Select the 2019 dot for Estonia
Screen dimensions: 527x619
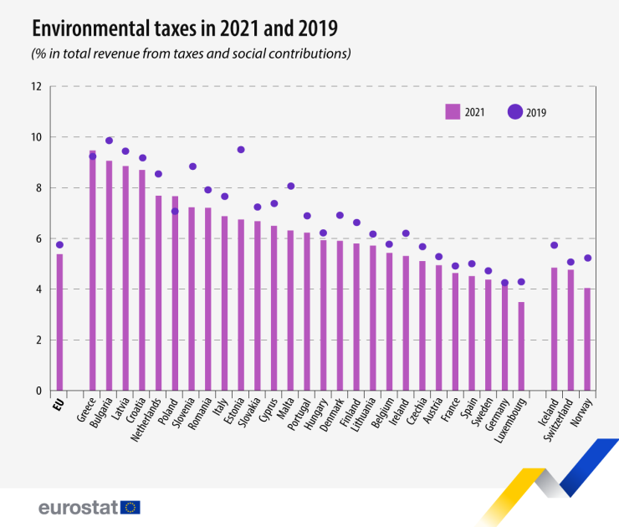(x=241, y=150)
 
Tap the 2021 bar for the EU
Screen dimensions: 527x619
(x=59, y=322)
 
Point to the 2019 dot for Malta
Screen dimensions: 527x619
(x=290, y=187)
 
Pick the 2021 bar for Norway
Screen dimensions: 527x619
(x=587, y=339)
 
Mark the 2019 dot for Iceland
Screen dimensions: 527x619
(x=555, y=245)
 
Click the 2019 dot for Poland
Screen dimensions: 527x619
(x=175, y=212)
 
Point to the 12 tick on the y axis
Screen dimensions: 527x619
(x=36, y=86)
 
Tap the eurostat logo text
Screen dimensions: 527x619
(x=77, y=507)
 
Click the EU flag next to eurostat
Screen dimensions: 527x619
(x=130, y=506)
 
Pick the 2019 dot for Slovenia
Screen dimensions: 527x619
(x=192, y=166)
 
